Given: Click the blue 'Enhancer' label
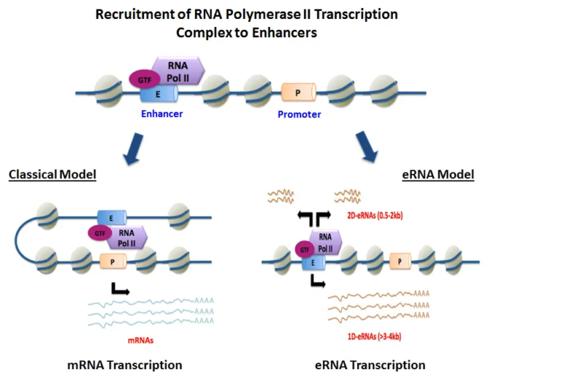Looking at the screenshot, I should (162, 114).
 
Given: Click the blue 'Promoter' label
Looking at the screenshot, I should (299, 115).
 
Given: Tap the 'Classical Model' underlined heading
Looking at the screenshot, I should (53, 175).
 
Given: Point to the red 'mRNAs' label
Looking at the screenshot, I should (137, 340).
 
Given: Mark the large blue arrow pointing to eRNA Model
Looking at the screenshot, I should (367, 145).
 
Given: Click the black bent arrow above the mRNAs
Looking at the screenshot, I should (119, 289).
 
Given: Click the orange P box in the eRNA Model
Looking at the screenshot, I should (399, 260).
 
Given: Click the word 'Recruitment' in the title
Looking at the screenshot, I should (134, 15).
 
